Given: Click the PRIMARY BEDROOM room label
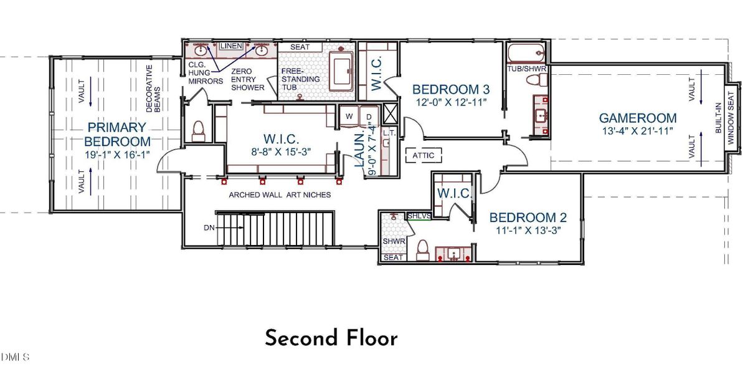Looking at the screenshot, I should click(x=117, y=134).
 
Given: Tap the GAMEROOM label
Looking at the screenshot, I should click(x=637, y=118).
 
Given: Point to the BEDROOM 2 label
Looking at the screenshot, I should click(x=528, y=218).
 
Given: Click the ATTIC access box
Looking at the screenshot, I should click(x=424, y=155).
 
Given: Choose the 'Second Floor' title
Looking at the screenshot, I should click(x=331, y=338).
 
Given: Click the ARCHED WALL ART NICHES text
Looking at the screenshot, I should click(x=280, y=195).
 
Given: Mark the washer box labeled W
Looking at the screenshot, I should click(x=349, y=117).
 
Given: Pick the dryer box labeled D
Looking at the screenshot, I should click(x=368, y=117).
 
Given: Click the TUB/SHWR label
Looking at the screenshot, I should click(x=526, y=69).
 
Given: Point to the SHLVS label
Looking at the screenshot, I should click(x=417, y=216).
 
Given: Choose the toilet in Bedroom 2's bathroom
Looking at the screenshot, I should click(x=422, y=249).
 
